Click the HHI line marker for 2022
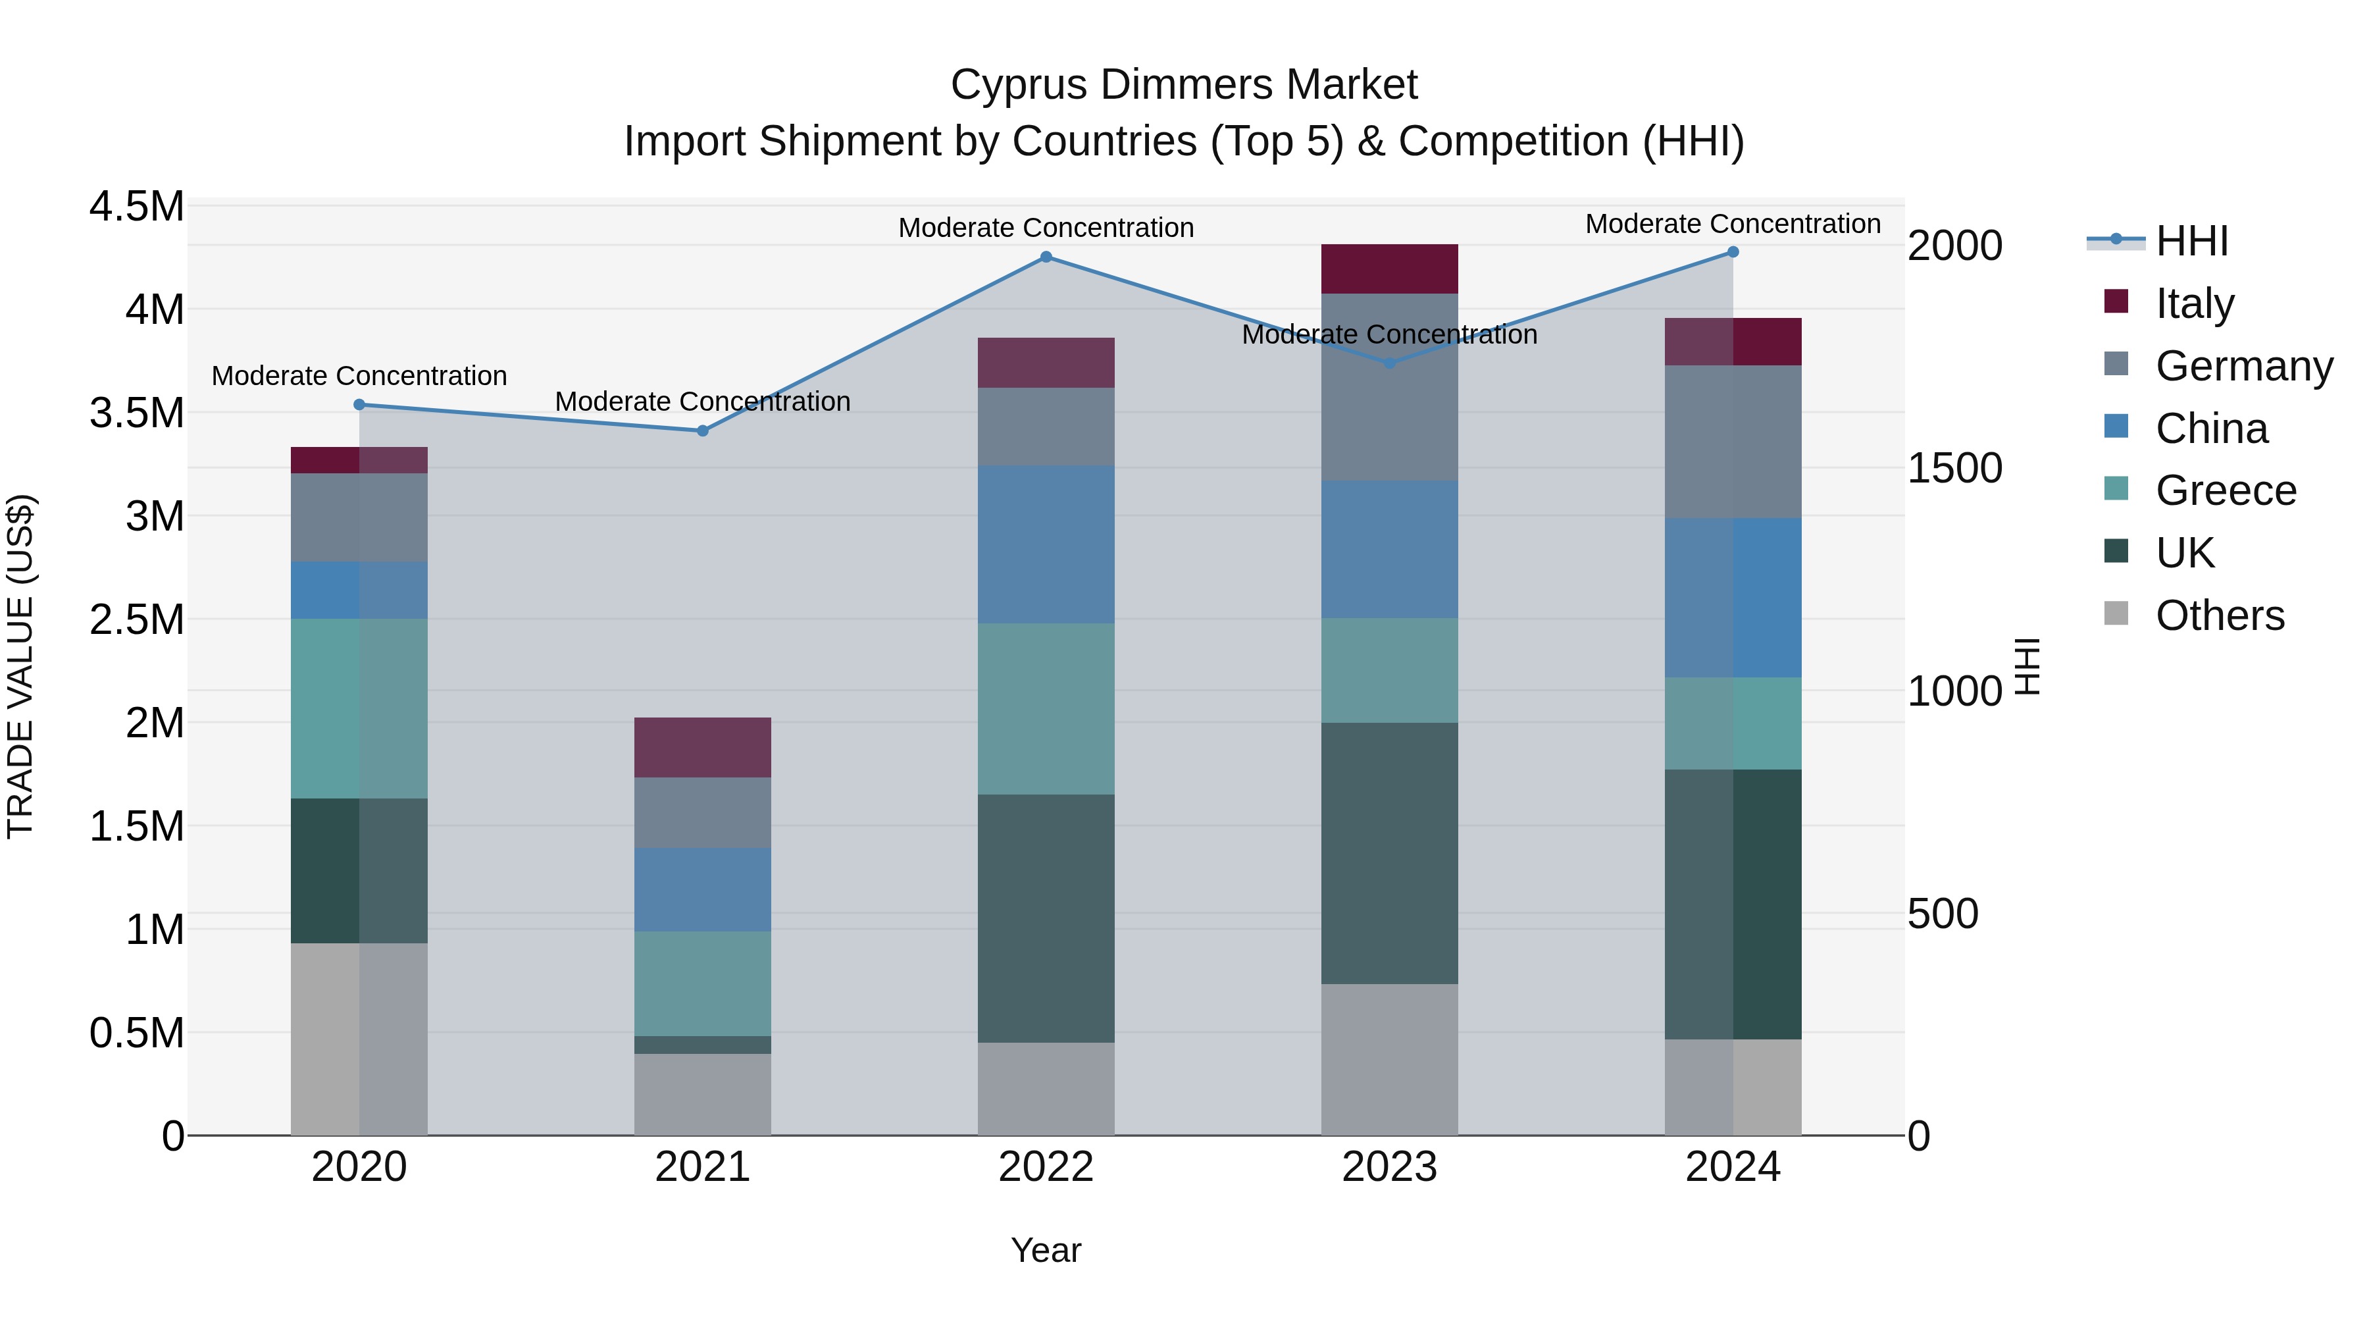click(1046, 257)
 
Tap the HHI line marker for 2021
click(703, 431)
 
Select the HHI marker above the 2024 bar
click(1733, 252)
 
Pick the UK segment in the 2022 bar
click(1046, 918)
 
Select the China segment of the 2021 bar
click(703, 889)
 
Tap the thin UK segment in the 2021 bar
click(703, 1045)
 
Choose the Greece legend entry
click(2225, 490)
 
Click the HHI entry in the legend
click(2191, 241)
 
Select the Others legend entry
click(2218, 615)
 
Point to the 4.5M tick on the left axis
click(136, 207)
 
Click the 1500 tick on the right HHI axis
click(1954, 468)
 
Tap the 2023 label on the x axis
click(1388, 1167)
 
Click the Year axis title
click(1046, 1250)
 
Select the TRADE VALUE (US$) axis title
click(20, 666)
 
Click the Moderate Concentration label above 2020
click(359, 377)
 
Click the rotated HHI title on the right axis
click(2027, 666)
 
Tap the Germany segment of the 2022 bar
click(1046, 426)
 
